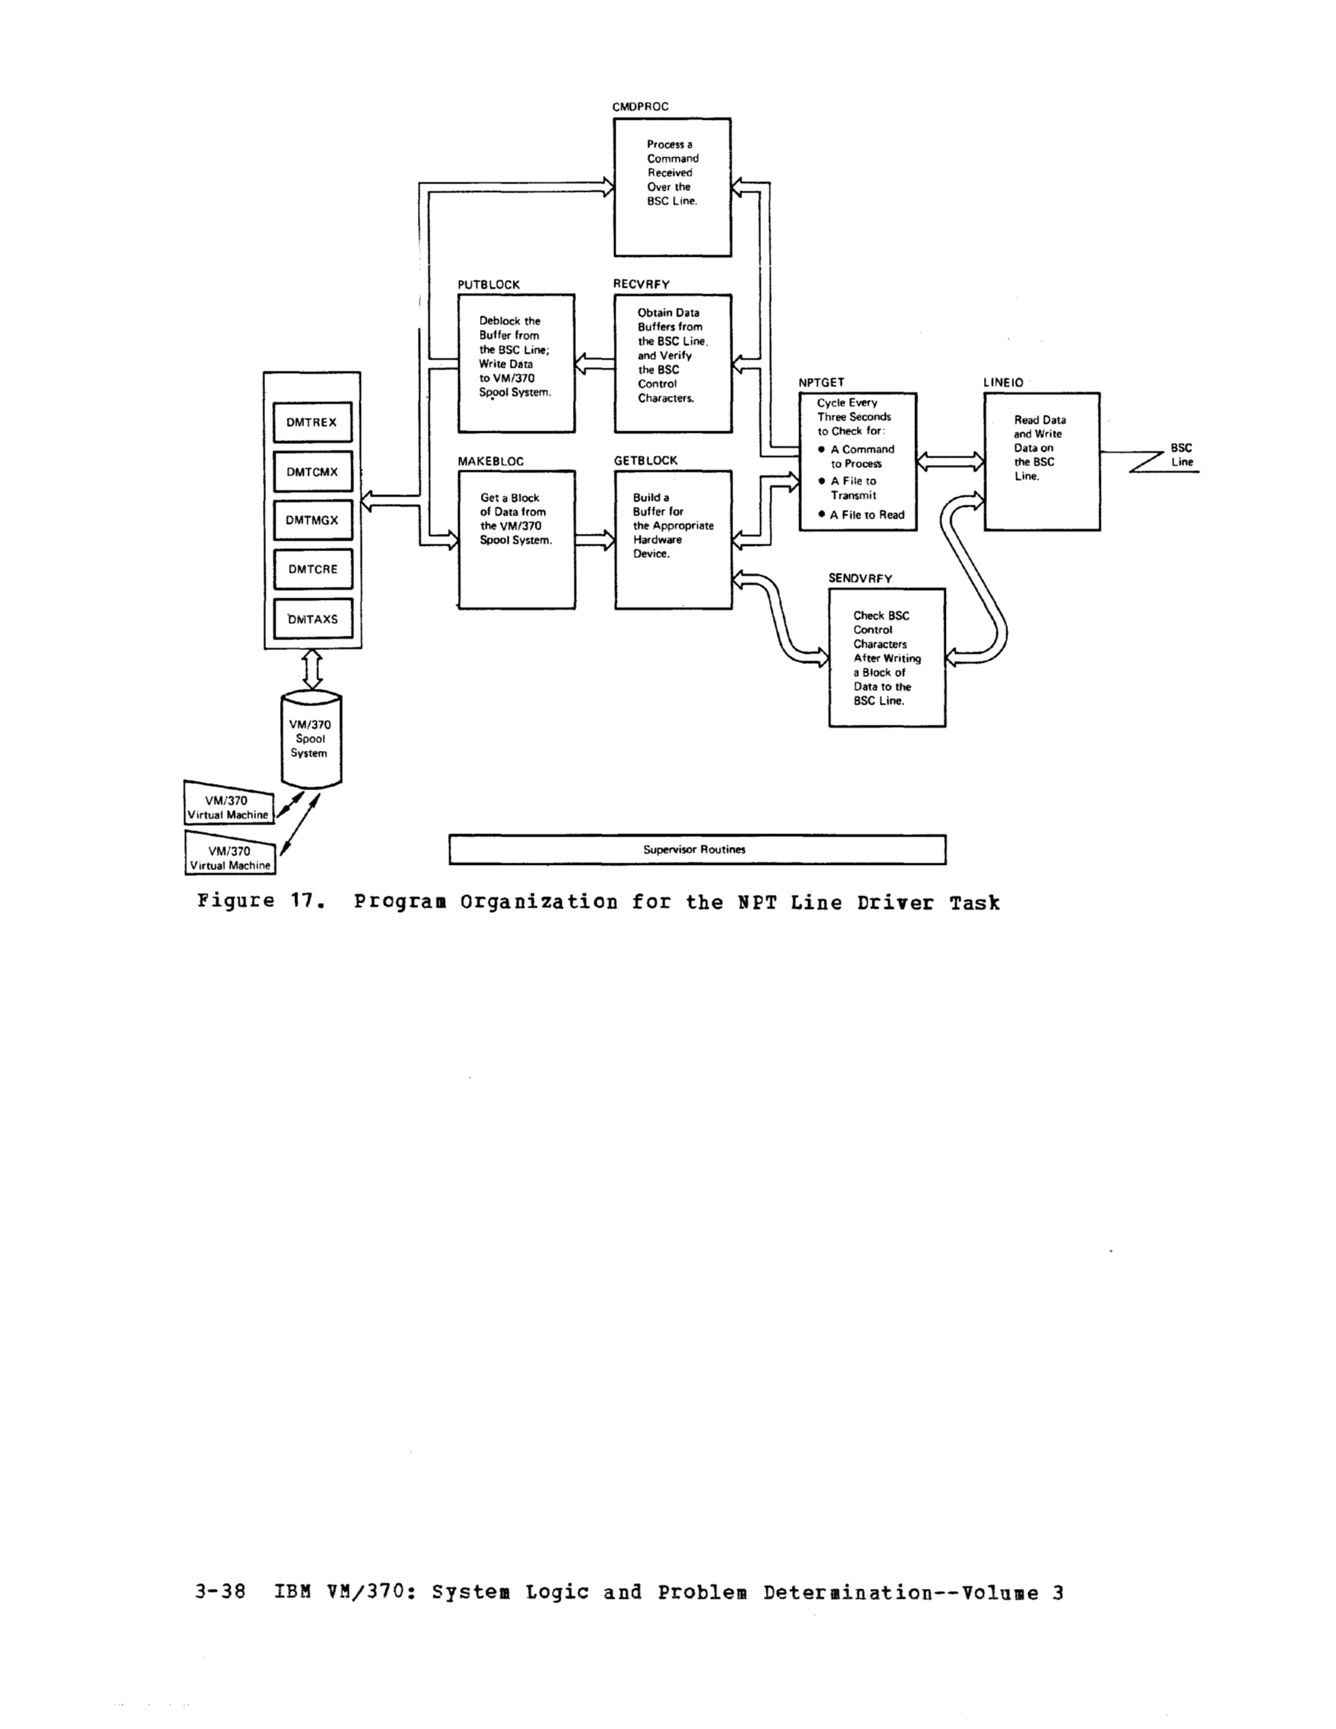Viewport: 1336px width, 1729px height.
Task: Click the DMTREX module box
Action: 312,422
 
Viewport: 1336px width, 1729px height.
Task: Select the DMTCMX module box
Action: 312,472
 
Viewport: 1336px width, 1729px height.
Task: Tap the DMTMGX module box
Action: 312,520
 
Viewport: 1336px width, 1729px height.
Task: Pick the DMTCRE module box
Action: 312,569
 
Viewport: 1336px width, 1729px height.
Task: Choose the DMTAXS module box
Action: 312,619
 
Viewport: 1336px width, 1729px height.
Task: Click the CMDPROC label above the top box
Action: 640,107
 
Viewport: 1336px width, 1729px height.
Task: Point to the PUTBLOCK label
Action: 488,285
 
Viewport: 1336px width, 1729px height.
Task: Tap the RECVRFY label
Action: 641,285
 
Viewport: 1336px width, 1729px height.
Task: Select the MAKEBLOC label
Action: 491,461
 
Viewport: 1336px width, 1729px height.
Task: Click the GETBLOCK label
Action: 646,461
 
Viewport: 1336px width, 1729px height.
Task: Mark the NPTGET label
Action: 822,383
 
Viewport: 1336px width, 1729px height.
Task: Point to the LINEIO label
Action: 1003,383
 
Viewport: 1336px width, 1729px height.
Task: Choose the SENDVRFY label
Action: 860,579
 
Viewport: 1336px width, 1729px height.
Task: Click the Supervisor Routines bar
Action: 697,849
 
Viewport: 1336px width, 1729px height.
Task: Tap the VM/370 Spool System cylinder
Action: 312,739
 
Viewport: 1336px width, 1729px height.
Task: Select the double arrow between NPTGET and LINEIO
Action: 950,461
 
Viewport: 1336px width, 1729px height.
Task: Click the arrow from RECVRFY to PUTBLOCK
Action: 595,364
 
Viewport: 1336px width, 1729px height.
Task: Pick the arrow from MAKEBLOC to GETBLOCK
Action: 595,540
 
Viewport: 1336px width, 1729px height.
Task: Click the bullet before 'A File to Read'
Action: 822,514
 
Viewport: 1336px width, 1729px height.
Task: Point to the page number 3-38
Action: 219,1592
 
